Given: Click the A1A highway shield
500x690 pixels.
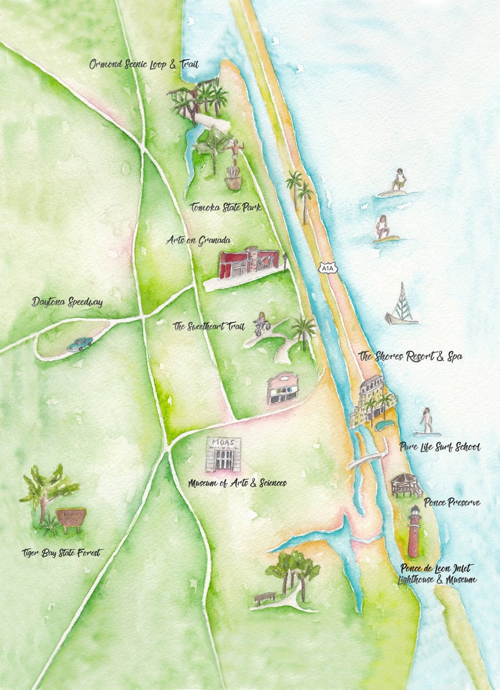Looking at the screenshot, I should (x=327, y=268).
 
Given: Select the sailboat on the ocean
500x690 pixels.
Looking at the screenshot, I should (x=401, y=305).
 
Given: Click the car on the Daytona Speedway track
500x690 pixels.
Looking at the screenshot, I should (x=80, y=344).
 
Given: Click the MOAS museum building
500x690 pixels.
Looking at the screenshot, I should (x=222, y=454).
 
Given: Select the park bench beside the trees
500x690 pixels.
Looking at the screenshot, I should (x=264, y=597).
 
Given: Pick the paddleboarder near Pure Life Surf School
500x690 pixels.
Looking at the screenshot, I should (x=427, y=421).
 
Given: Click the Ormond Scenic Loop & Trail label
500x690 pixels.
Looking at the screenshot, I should (x=144, y=64).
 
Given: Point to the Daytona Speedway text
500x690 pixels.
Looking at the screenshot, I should (x=67, y=302).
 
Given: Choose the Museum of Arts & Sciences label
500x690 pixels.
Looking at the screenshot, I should (x=237, y=483).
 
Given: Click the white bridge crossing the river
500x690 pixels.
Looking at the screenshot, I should (x=367, y=460).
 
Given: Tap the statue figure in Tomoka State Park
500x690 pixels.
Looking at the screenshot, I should (x=235, y=151).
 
